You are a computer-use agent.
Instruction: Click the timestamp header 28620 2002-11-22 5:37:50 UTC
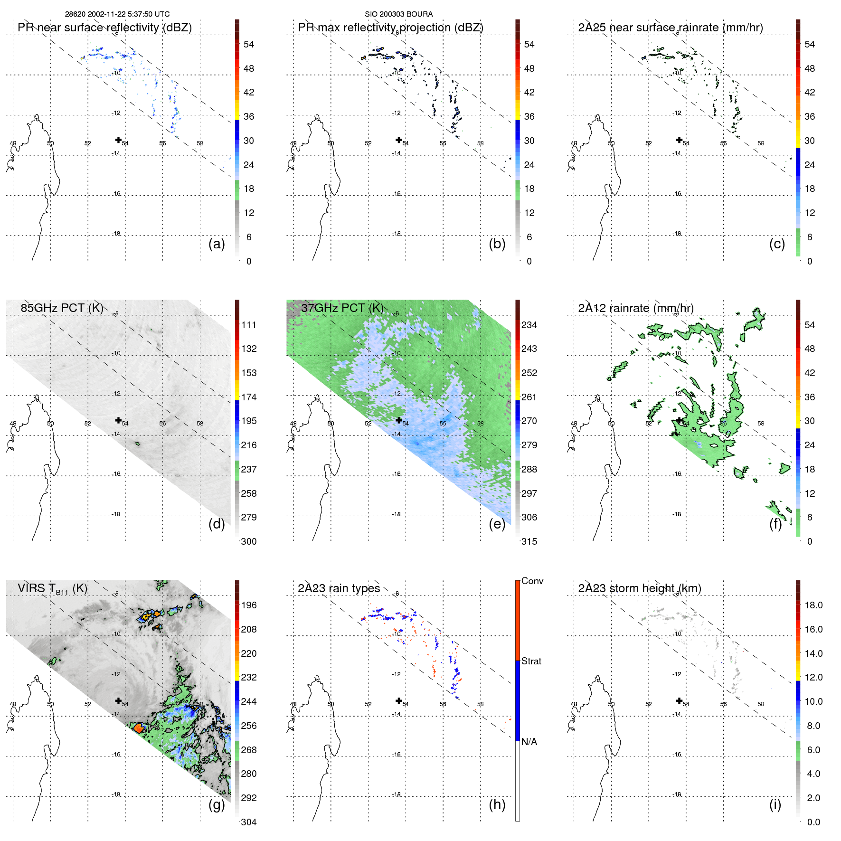pos(117,14)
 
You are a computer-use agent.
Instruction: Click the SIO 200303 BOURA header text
pos(398,14)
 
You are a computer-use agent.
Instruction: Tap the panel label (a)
pos(217,244)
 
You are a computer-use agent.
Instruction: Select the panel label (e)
pos(497,524)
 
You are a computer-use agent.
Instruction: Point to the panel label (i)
pos(775,804)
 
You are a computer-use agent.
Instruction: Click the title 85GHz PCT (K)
pos(62,308)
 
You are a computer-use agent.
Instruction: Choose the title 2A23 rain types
pos(339,588)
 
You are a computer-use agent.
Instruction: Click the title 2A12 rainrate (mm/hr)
pos(635,308)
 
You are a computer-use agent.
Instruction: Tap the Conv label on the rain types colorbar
pos(532,581)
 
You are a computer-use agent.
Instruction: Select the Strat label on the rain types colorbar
pos(531,661)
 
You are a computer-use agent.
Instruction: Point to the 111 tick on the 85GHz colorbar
pos(249,325)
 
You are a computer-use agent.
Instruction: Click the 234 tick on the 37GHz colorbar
pos(529,325)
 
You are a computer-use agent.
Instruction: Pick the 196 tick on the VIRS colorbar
pos(249,605)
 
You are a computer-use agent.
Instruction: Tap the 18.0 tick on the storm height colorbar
pos(813,605)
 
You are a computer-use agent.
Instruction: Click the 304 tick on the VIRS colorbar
pos(249,822)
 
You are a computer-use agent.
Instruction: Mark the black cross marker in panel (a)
pos(118,140)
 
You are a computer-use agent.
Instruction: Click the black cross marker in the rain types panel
pos(399,700)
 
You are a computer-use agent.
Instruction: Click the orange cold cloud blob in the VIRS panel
pos(139,728)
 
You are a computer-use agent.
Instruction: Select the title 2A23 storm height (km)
pos(639,588)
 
